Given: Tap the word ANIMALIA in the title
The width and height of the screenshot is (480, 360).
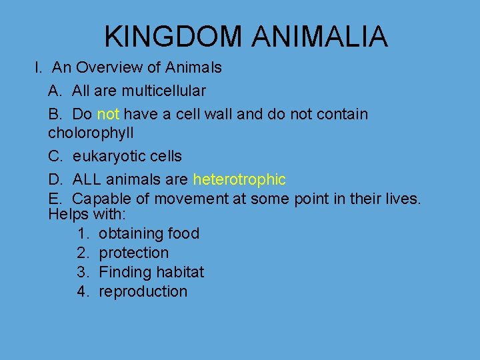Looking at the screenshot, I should click(x=319, y=37).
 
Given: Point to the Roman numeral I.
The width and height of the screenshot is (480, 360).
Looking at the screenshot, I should click(x=39, y=68).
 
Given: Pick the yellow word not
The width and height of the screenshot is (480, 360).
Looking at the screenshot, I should click(x=109, y=114).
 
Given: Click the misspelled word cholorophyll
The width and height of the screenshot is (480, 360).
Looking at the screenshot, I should click(x=91, y=133).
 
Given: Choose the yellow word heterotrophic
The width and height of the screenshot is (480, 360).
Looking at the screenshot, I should click(x=239, y=179).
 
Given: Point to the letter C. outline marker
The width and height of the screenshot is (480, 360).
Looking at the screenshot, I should click(x=55, y=156).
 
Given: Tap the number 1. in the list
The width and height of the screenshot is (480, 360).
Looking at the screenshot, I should click(x=83, y=234).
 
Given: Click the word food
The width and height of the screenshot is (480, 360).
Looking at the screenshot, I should click(x=184, y=234).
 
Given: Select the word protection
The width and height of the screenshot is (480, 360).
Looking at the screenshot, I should click(x=133, y=253).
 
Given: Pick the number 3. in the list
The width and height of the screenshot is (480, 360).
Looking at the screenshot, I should click(x=83, y=273).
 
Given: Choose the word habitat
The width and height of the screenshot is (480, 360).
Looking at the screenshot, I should click(x=180, y=273).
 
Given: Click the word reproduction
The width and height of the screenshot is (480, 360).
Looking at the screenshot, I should click(x=143, y=292).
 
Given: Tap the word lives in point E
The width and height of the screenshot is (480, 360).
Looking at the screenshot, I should click(x=403, y=199).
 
